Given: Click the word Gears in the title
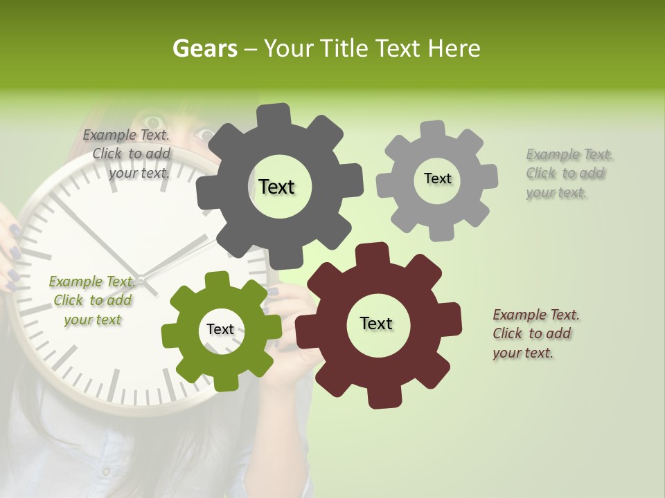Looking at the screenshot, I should tap(204, 48).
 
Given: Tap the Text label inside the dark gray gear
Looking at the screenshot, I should tap(276, 187).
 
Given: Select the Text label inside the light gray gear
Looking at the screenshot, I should tap(437, 178).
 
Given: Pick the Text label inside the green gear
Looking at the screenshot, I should tap(220, 329).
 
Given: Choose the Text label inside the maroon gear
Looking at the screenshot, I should tap(376, 323).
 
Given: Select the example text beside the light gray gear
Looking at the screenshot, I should tap(569, 173).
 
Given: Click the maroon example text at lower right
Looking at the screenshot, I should tap(536, 333).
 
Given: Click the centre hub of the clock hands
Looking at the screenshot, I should tap(141, 279).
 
